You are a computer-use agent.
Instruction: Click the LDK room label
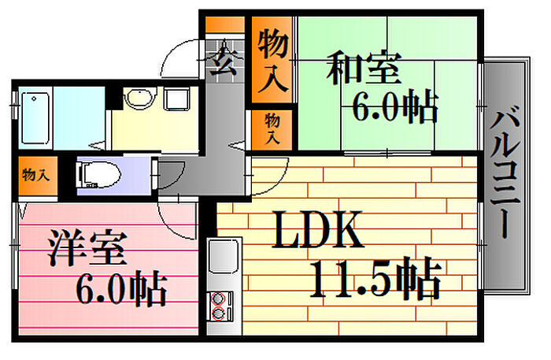point(317,229)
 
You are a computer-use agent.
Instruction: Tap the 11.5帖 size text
point(375,278)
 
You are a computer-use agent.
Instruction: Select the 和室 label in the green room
point(364,68)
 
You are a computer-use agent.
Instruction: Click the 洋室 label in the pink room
point(87,247)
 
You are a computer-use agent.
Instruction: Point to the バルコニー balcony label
point(505,172)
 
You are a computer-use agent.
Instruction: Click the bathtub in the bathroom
point(35,118)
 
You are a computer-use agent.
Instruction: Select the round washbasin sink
point(140,98)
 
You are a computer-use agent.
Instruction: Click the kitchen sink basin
point(224,256)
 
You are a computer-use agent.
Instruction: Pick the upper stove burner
point(218,299)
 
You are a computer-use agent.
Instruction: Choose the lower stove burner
point(218,313)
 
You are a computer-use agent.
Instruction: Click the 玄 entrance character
point(224,61)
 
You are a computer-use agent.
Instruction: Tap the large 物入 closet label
point(273,60)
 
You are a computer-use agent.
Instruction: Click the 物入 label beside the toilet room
point(35,174)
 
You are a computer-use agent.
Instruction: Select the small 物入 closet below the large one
point(272,128)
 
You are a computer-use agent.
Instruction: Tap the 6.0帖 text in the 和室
point(395,106)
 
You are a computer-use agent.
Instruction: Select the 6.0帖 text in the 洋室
point(121,288)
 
